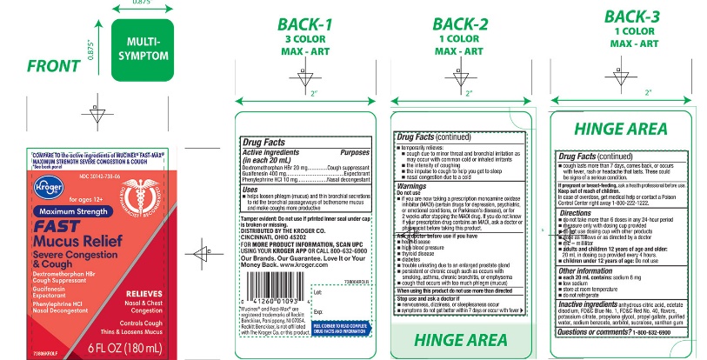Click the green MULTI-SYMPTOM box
(143, 49)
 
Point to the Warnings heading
(412, 185)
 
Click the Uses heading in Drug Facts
(250, 188)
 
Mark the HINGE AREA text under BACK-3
(621, 128)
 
